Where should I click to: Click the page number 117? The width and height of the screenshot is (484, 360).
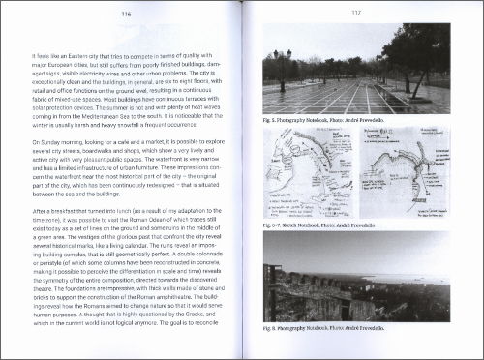click(x=355, y=14)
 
